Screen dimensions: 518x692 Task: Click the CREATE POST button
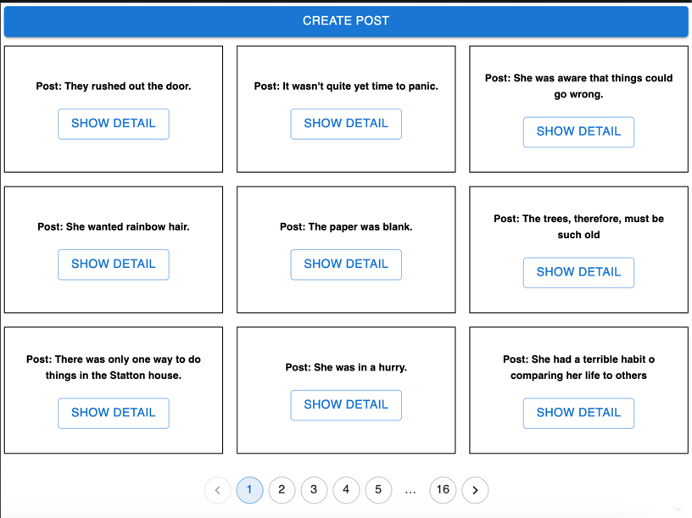(346, 21)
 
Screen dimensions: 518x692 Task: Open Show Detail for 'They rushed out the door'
(114, 124)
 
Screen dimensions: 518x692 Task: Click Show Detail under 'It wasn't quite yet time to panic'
(346, 124)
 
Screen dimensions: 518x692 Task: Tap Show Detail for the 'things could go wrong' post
(578, 132)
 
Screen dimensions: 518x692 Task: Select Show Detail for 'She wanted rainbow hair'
(114, 265)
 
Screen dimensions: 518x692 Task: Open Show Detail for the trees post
(578, 273)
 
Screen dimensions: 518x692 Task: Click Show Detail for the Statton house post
(114, 413)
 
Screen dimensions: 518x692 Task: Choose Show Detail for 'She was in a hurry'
(346, 405)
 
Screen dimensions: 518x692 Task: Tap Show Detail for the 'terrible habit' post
(578, 413)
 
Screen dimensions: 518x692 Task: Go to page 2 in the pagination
(282, 490)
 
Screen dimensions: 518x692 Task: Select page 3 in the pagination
(314, 490)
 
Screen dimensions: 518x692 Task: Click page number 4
(346, 490)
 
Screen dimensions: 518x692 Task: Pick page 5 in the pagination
(378, 490)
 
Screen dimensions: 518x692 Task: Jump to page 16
(443, 490)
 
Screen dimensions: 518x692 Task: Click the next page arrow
(475, 490)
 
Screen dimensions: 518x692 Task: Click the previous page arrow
(218, 490)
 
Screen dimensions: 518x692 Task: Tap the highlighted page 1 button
(249, 490)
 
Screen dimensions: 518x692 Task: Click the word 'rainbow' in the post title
(135, 227)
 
